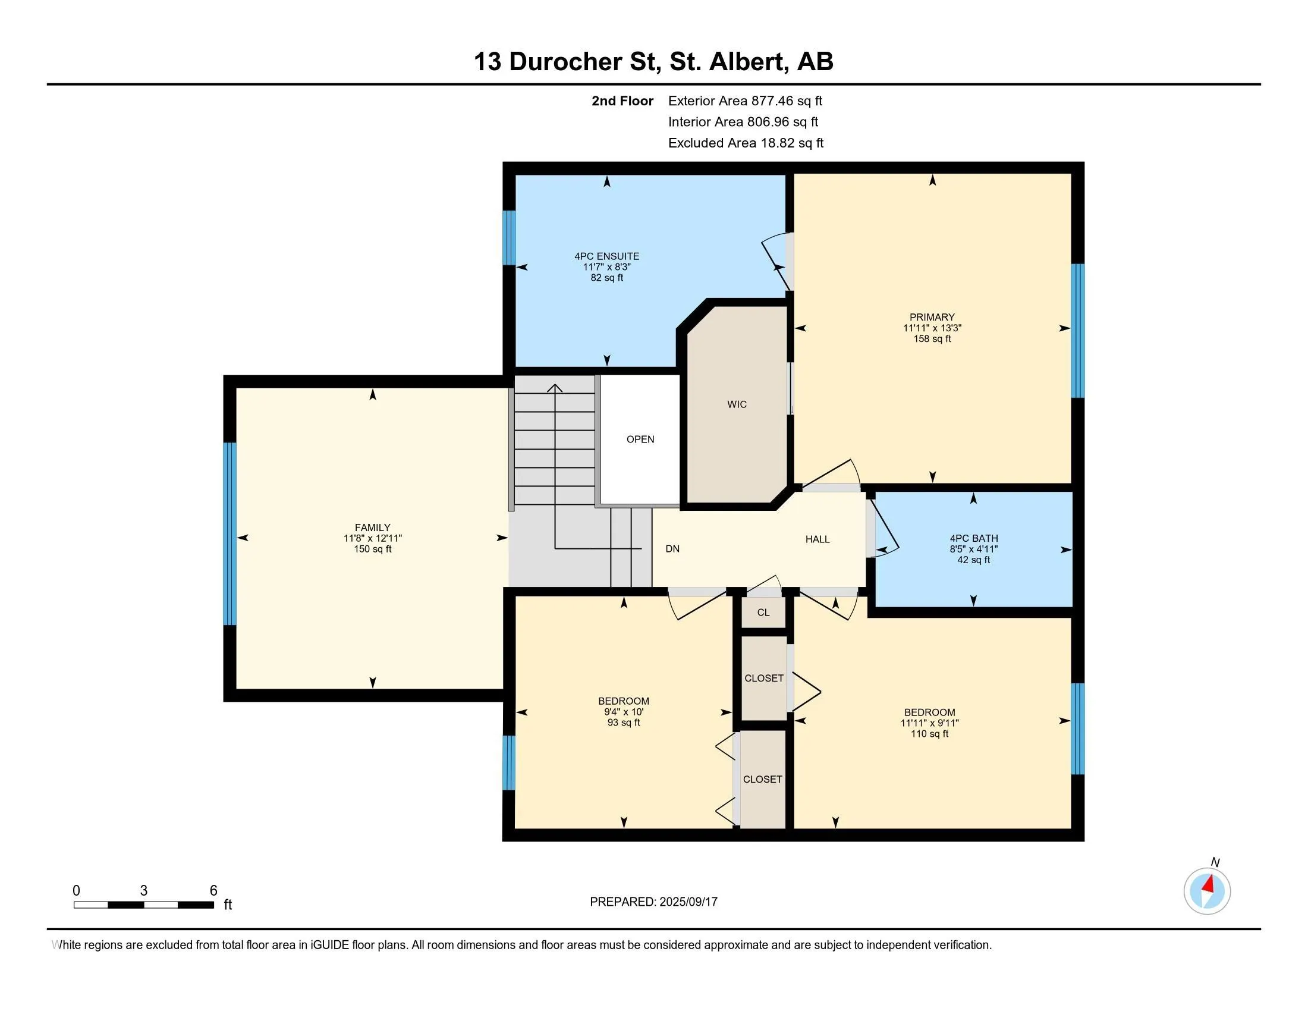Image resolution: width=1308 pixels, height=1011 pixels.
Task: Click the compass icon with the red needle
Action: tap(1207, 891)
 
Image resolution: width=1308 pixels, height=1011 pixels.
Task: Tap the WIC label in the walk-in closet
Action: tap(737, 404)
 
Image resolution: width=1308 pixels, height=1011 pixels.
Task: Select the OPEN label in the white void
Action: tap(640, 439)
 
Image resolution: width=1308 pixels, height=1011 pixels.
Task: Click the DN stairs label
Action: tap(672, 549)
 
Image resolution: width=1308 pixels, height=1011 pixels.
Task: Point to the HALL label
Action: tap(818, 539)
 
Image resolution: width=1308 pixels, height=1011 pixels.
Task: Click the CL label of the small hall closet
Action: tap(763, 612)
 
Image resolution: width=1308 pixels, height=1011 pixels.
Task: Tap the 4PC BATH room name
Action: tap(974, 538)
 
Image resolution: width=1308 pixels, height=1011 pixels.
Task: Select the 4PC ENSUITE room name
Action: tap(606, 256)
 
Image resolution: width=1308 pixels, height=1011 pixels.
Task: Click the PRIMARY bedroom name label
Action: tap(932, 317)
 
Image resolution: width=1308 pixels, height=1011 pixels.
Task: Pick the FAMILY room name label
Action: tap(373, 528)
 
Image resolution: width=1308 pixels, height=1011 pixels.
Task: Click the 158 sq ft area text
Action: tap(932, 339)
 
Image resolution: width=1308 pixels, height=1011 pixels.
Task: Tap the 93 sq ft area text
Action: tap(624, 723)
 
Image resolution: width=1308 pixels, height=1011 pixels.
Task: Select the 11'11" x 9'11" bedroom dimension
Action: tap(929, 723)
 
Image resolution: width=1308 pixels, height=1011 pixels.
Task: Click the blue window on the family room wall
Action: tap(229, 533)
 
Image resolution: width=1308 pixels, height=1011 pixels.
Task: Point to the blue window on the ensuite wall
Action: tap(509, 237)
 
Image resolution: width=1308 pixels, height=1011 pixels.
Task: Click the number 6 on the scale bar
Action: tap(213, 891)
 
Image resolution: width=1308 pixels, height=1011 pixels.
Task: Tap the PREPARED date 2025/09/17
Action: tap(688, 902)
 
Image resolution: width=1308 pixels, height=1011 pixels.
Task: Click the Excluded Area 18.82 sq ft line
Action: tap(746, 143)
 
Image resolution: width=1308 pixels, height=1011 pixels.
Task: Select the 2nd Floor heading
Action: tap(622, 101)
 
